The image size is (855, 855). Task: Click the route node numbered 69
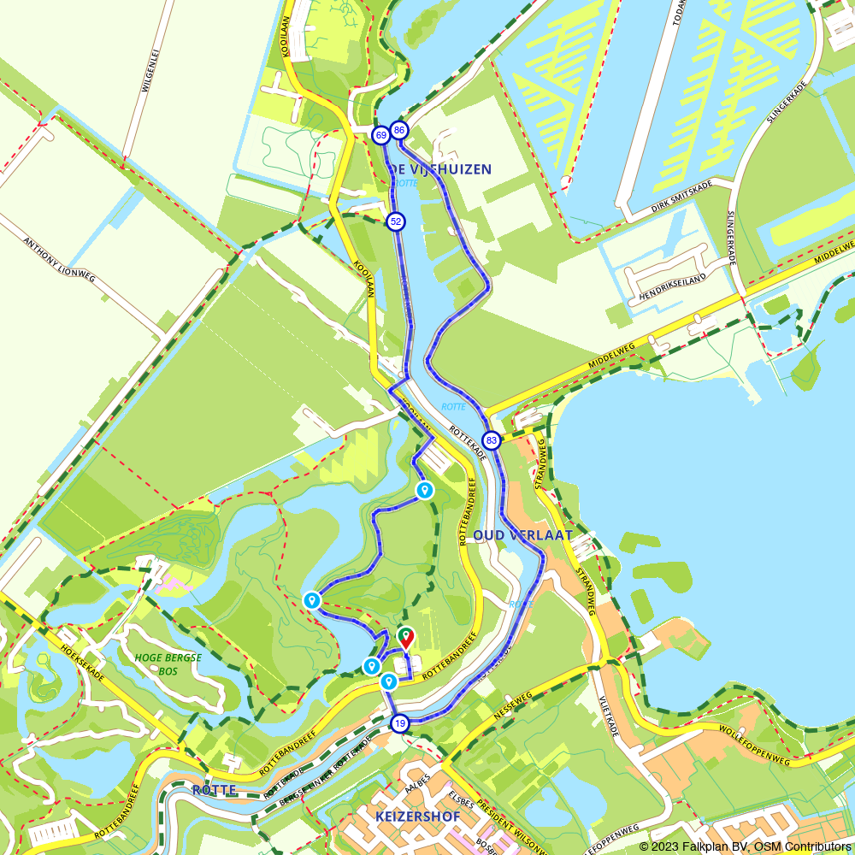coord(380,135)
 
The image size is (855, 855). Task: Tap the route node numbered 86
coord(399,131)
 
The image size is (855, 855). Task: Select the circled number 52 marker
coord(395,221)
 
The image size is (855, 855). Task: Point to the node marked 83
coord(492,440)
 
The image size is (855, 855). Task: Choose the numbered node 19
coord(399,724)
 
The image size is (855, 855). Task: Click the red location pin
coord(406,637)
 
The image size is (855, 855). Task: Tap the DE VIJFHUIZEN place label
coord(442,169)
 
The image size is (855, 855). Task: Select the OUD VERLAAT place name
coord(522,535)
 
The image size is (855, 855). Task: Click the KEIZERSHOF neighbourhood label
coord(417,817)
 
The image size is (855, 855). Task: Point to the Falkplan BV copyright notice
coord(745,846)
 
